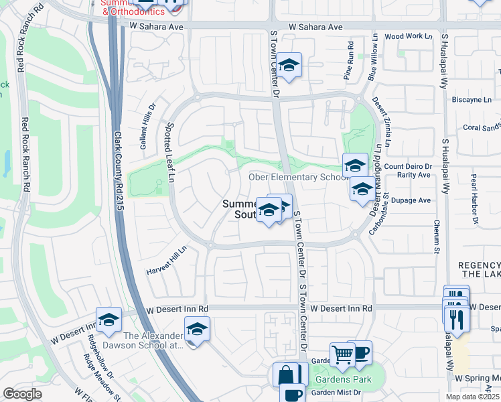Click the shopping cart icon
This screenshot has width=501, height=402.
[342, 353]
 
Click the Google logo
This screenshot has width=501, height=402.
[22, 395]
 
